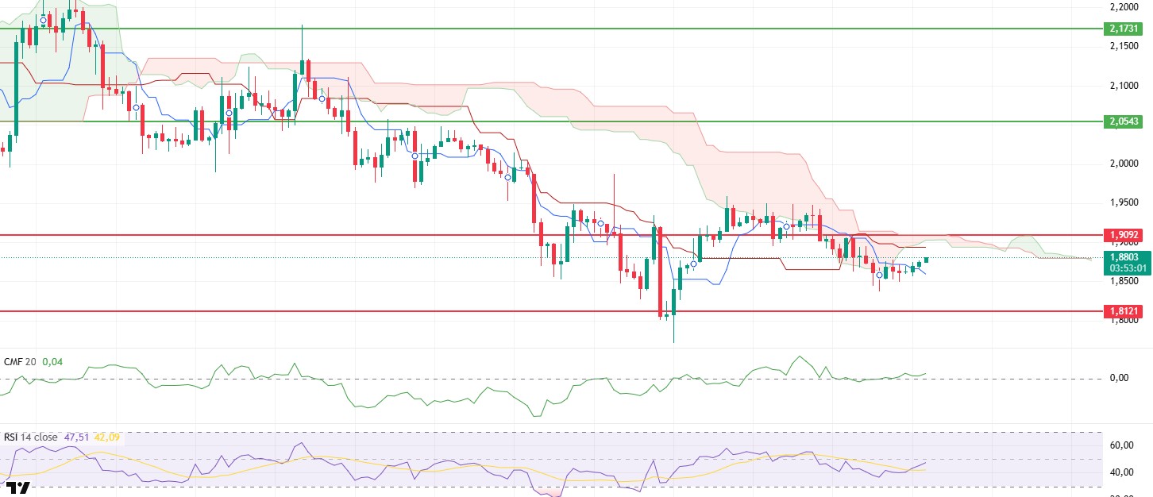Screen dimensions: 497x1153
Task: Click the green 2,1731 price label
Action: (1123, 29)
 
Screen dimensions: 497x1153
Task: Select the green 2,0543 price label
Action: (1123, 121)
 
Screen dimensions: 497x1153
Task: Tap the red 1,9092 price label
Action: (1123, 235)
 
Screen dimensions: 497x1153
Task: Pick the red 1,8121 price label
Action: (1123, 311)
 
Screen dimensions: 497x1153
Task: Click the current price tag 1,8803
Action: (1123, 257)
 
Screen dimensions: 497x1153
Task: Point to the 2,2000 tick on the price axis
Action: (1122, 7)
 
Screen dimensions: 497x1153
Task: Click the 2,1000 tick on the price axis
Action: (1122, 86)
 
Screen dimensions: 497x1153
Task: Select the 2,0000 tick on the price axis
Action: (1122, 164)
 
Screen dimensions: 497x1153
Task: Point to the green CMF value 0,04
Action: (52, 362)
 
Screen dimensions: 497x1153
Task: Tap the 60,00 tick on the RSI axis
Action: (1120, 445)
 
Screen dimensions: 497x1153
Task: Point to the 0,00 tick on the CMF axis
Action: (1119, 378)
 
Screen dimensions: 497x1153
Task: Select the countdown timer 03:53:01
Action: (1123, 268)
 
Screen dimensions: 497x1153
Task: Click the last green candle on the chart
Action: (926, 260)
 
